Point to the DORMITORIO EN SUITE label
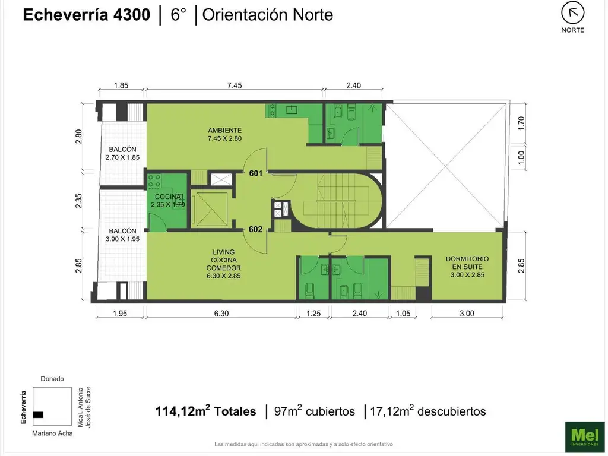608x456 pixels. (467, 267)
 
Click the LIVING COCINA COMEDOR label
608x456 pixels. (224, 264)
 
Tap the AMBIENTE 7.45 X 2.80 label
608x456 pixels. (224, 135)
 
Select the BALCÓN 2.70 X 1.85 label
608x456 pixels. (122, 153)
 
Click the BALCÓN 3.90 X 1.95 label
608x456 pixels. (122, 235)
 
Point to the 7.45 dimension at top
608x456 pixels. (235, 85)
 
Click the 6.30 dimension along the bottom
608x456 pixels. (221, 314)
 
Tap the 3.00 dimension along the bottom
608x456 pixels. (467, 314)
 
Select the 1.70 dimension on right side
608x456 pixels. (522, 123)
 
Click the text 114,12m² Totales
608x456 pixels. (205, 411)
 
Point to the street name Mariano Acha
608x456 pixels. (53, 433)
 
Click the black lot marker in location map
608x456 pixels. (39, 414)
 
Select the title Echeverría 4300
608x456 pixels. (86, 15)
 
